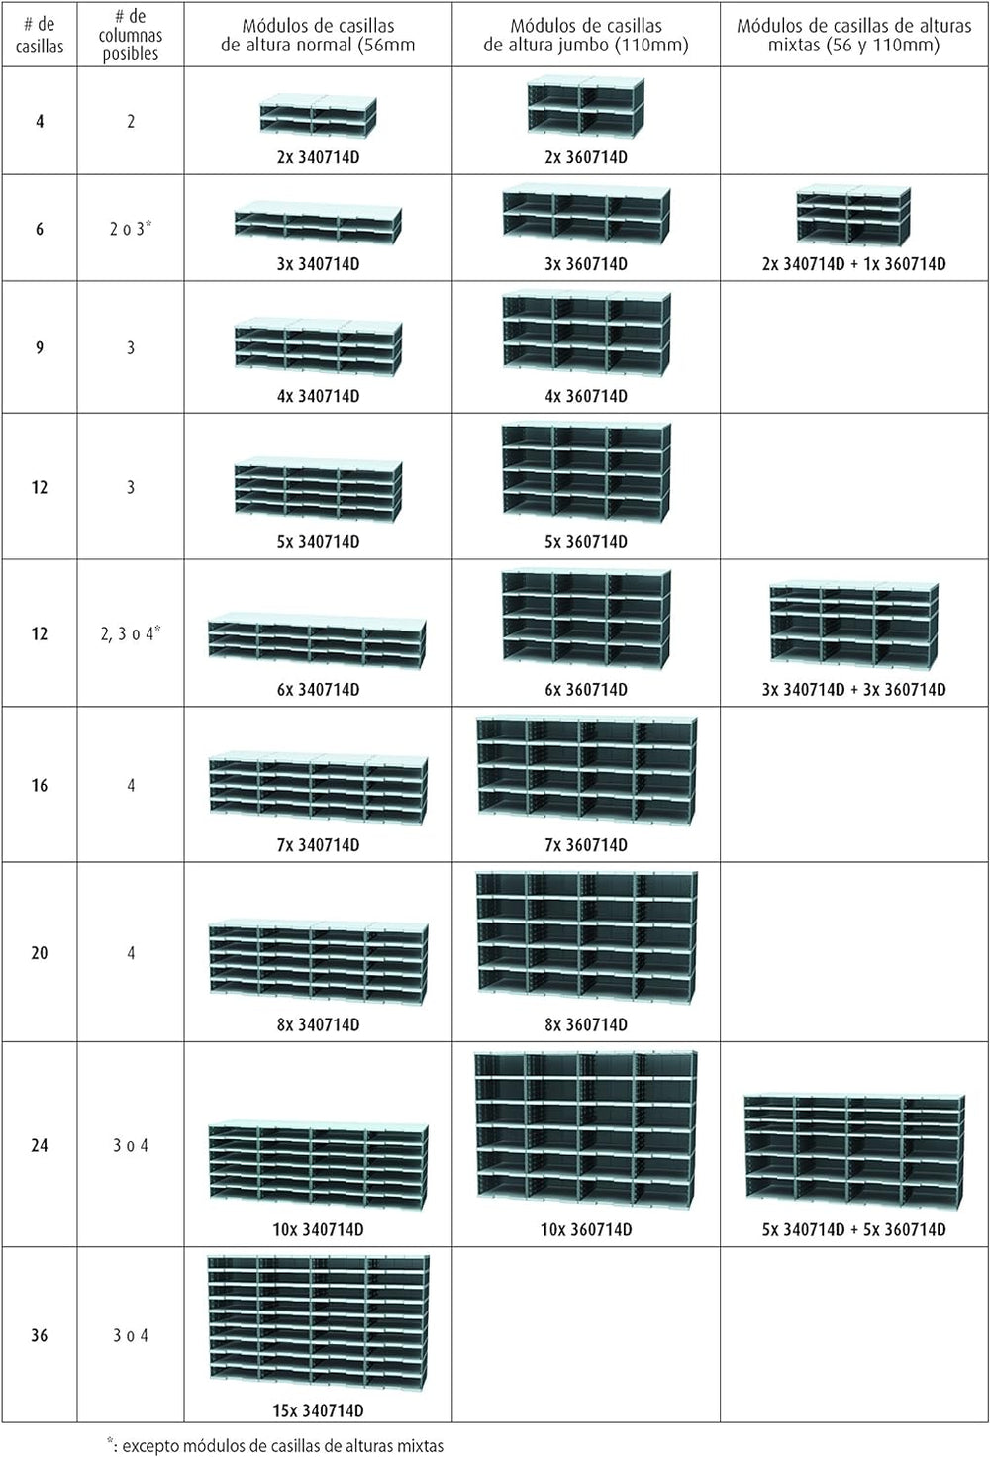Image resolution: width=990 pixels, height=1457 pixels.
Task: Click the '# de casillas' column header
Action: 39,35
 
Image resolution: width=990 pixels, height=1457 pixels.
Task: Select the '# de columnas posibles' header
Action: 130,35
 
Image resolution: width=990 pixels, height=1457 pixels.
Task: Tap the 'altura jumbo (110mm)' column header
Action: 586,35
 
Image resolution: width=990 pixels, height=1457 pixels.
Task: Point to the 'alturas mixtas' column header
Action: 854,35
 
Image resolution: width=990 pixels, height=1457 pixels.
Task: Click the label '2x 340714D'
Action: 318,158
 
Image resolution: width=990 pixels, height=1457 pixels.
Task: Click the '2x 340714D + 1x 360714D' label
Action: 854,264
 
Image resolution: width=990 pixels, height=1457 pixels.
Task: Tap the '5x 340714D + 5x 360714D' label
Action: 854,1229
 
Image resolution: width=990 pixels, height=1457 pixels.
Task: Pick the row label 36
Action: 39,1335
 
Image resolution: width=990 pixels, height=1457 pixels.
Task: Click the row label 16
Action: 39,785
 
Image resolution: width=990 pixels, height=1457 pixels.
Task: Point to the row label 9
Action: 39,348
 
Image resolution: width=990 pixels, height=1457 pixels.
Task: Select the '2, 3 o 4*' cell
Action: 130,632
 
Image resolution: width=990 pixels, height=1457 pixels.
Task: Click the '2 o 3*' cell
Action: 130,229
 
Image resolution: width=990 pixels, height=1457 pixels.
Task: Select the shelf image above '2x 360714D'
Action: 586,110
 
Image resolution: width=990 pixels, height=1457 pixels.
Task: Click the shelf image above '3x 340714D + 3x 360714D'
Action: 854,627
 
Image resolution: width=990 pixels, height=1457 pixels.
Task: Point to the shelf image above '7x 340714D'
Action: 318,789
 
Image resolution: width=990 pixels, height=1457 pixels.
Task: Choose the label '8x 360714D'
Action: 586,1024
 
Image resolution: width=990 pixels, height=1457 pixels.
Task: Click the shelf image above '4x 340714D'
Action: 318,347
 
